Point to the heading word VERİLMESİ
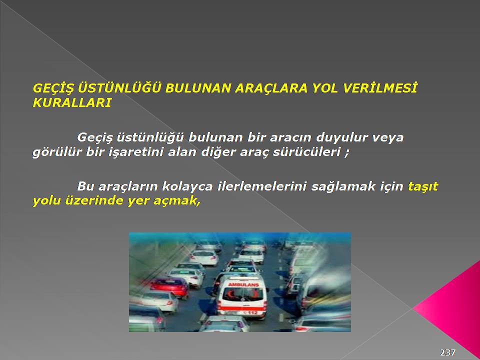380,88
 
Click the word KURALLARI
72,103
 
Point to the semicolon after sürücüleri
346,153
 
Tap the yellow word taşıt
423,186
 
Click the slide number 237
447,352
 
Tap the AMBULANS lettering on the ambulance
243,284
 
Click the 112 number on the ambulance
252,312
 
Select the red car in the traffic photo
170,287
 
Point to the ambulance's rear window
243,294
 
